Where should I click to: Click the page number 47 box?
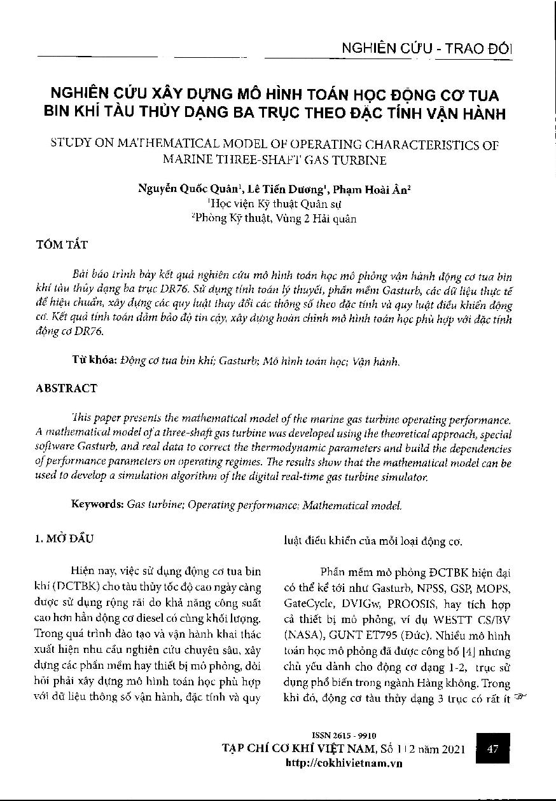492,749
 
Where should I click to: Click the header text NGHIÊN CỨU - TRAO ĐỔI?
427,49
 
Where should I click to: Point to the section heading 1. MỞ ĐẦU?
63,539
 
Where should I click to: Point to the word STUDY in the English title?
69,145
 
